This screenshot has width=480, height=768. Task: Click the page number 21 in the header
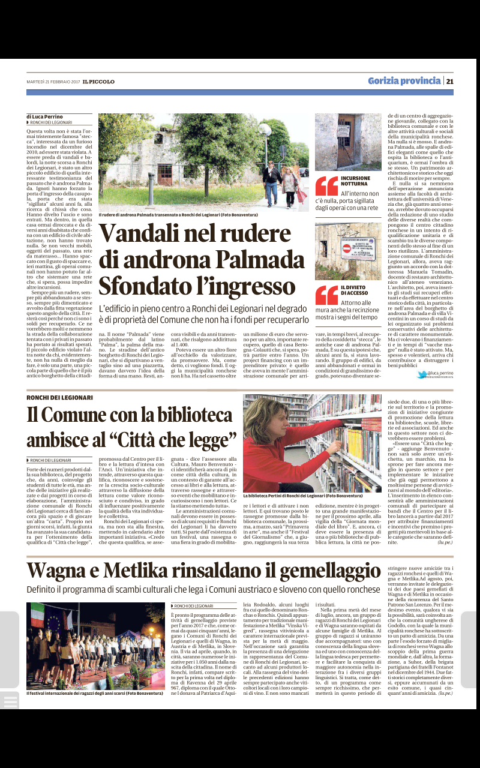coord(449,81)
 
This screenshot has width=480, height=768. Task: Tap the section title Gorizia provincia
coord(404,81)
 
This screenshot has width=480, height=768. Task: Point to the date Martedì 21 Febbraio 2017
coord(53,82)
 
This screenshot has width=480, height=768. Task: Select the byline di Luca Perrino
coord(44,116)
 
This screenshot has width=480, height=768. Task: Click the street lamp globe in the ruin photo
coord(265,130)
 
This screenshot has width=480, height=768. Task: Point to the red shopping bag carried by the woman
coord(301,195)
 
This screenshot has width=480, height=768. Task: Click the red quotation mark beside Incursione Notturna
coord(326,186)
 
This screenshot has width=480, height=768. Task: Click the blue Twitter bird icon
coord(422,374)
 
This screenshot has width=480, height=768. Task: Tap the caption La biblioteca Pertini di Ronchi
coord(302,496)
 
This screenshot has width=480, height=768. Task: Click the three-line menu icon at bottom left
coord(10,700)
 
